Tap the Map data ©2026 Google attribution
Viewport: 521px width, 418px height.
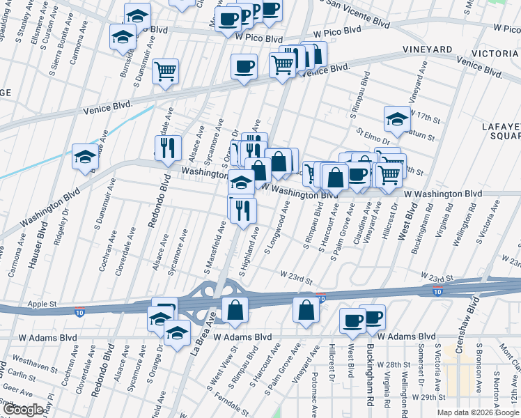[478, 412]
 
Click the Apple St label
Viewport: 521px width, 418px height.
[42, 304]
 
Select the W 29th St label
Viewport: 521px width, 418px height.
[428, 396]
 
